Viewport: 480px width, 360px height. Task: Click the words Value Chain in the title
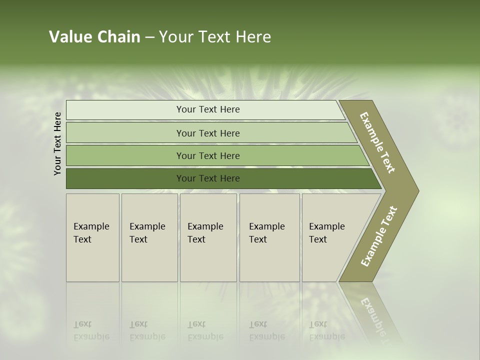pos(94,37)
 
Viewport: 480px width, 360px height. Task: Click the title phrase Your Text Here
pos(215,37)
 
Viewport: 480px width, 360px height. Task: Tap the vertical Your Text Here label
pos(57,143)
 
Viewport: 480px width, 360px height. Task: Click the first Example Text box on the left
pos(92,237)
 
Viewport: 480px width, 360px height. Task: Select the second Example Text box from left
pos(149,237)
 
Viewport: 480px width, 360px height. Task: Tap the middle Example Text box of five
pos(208,237)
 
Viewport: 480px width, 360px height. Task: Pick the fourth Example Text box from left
pos(269,237)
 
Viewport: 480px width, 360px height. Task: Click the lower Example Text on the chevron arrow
pos(379,236)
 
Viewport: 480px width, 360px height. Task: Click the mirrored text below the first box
pos(90,331)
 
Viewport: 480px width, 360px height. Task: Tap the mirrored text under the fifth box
pos(326,331)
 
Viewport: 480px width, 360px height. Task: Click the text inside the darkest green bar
pos(208,178)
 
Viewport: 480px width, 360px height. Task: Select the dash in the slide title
pos(149,37)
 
